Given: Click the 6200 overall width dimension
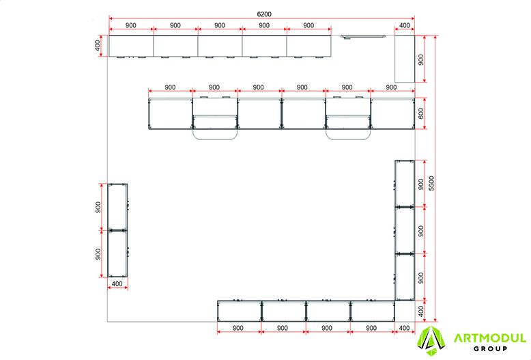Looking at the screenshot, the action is pyautogui.click(x=264, y=14).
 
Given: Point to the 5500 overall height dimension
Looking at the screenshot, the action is pyautogui.click(x=431, y=183).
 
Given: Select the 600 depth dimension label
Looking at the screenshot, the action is pyautogui.click(x=421, y=113).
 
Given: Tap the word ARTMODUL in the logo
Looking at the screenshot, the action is pyautogui.click(x=489, y=338).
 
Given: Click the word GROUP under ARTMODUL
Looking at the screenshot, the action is pyautogui.click(x=490, y=348).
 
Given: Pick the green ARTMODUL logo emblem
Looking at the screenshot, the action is pyautogui.click(x=431, y=341).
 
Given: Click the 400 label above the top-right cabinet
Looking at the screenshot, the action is pyautogui.click(x=405, y=25).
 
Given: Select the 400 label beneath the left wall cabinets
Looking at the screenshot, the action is pyautogui.click(x=117, y=283).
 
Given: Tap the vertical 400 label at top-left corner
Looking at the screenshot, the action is pyautogui.click(x=98, y=46).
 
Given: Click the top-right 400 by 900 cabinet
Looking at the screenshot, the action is pyautogui.click(x=405, y=59).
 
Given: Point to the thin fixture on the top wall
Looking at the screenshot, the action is pyautogui.click(x=362, y=36).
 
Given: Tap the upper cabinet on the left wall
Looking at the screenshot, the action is pyautogui.click(x=117, y=207).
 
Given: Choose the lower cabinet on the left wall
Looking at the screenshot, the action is pyautogui.click(x=117, y=253).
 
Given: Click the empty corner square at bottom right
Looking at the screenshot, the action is pyautogui.click(x=405, y=311).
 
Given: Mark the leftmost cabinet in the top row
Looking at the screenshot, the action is pyautogui.click(x=131, y=46).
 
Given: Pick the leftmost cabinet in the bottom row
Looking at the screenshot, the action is pyautogui.click(x=240, y=311).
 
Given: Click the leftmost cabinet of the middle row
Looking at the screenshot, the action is pyautogui.click(x=171, y=113).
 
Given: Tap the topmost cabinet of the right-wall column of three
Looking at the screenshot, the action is pyautogui.click(x=405, y=183).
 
